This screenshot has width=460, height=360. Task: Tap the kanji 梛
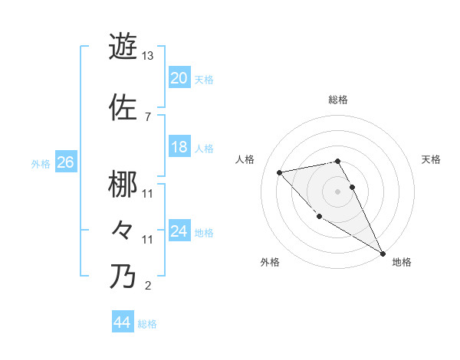click(123, 184)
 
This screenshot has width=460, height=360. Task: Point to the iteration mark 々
click(123, 231)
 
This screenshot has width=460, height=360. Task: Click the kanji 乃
click(123, 277)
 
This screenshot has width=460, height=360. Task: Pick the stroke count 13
click(148, 56)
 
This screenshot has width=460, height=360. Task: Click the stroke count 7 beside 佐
click(147, 116)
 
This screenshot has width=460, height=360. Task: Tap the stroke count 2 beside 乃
click(147, 286)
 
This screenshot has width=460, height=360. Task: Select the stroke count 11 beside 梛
click(148, 193)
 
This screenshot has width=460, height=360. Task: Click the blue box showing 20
click(179, 78)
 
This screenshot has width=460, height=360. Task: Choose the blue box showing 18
click(179, 148)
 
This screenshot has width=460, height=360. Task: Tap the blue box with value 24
click(179, 231)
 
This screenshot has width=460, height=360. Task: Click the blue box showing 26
click(65, 162)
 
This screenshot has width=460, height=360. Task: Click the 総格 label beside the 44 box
click(147, 324)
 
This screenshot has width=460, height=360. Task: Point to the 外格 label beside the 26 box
click(41, 164)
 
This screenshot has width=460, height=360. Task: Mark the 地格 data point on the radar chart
click(383, 254)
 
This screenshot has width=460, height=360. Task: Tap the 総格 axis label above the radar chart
click(337, 100)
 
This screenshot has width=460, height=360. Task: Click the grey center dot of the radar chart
click(337, 191)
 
